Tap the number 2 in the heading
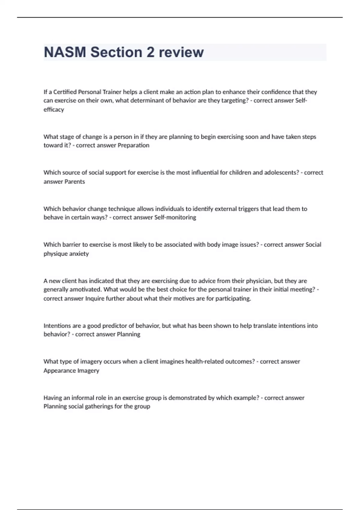click(151, 52)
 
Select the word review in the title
click(181, 52)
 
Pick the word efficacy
click(54, 109)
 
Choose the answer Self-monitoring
click(175, 217)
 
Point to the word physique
click(55, 254)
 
